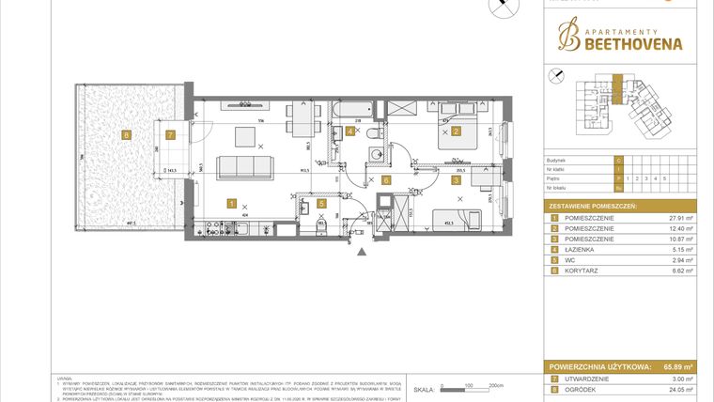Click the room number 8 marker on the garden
[x=125, y=134]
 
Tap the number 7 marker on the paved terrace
[x=169, y=134]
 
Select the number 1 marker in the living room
[x=231, y=203]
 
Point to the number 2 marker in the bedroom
[x=457, y=131]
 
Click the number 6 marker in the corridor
[x=385, y=179]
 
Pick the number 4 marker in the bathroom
[x=349, y=131]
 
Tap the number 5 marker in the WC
[x=320, y=203]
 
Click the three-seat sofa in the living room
[x=245, y=168]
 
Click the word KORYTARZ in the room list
[x=583, y=271]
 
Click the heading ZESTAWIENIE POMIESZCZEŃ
[x=595, y=205]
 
